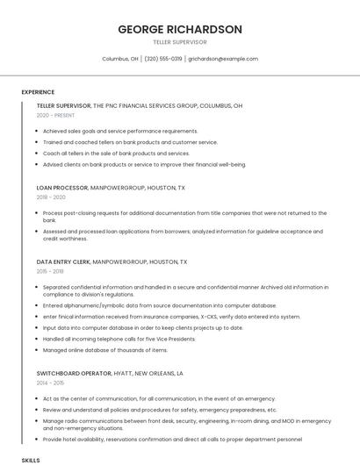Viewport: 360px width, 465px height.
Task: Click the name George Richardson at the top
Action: click(x=180, y=29)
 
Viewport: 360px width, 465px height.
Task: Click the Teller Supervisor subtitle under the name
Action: click(x=180, y=42)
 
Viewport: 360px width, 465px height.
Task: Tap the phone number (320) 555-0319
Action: click(x=163, y=59)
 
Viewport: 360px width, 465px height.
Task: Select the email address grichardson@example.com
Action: click(x=223, y=59)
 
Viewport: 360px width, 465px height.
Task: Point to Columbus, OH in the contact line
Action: click(x=120, y=59)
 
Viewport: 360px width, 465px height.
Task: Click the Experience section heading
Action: click(x=38, y=92)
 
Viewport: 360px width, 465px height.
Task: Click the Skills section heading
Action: click(x=31, y=460)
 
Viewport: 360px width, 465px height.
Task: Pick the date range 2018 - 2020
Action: click(x=51, y=197)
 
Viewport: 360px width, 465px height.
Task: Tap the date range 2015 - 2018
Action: click(x=51, y=272)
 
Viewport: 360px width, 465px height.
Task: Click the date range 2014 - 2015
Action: click(x=51, y=383)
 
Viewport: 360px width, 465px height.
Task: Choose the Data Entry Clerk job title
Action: click(x=63, y=261)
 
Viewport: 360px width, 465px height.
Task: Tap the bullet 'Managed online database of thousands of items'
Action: click(x=104, y=350)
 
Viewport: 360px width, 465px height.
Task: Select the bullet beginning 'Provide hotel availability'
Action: click(x=172, y=439)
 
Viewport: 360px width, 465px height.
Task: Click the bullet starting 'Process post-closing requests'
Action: click(x=184, y=213)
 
